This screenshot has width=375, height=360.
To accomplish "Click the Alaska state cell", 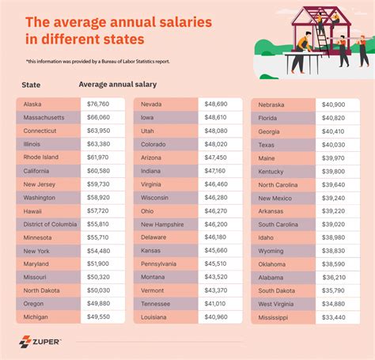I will pos(47,104).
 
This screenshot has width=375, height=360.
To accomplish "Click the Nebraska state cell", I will pos(284,104).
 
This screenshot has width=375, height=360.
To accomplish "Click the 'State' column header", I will pos(32,84).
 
